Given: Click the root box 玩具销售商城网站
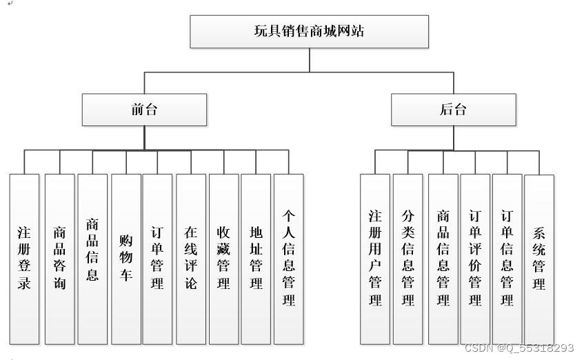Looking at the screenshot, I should tap(309, 31).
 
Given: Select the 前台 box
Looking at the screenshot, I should tap(144, 110).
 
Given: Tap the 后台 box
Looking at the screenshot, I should tap(453, 110).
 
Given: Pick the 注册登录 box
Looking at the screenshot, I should tap(24, 259).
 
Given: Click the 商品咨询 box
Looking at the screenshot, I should tap(60, 259).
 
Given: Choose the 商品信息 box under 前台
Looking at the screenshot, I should tap(92, 259).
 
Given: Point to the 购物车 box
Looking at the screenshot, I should tap(126, 259).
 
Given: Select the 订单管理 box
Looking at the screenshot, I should tap(157, 259).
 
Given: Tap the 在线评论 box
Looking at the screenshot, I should tap(190, 259).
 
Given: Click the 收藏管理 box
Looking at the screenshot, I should tap(223, 259).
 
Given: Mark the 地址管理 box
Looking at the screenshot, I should tap(256, 259).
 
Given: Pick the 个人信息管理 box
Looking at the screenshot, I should tap(289, 259).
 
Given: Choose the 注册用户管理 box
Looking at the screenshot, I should tap(375, 259).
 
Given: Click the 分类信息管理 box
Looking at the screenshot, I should tap(407, 259).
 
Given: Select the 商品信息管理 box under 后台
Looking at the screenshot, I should tap(443, 259).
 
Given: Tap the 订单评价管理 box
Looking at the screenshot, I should tap(475, 259).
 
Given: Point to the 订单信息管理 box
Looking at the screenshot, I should tap(507, 259).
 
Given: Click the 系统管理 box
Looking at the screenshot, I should tap(539, 259).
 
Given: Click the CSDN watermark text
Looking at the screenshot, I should tap(518, 348).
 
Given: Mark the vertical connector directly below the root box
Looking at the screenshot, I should tap(309, 60).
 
